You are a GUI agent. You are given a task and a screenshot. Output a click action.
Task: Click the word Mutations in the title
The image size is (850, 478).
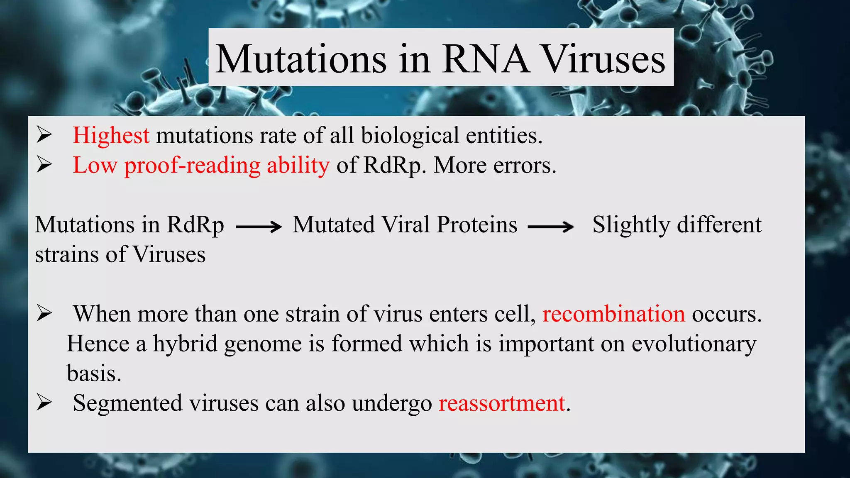click(x=301, y=59)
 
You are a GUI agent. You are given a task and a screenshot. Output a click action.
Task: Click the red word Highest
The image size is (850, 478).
click(x=111, y=136)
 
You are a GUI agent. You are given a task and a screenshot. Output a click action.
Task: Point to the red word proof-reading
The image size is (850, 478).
click(x=192, y=166)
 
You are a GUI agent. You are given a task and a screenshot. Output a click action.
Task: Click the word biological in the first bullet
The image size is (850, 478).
click(x=410, y=136)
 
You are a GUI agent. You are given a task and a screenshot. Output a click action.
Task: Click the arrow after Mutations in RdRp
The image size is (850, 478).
click(x=259, y=227)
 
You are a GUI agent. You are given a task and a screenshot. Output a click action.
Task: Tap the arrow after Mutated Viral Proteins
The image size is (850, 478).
click(x=551, y=227)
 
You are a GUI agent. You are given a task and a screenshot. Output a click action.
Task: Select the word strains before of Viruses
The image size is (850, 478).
click(x=67, y=254)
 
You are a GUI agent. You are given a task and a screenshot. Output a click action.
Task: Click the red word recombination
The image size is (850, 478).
click(x=613, y=314)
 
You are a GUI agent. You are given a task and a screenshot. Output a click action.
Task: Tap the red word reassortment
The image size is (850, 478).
click(x=502, y=403)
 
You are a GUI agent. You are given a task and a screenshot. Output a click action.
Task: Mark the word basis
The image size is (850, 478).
click(x=94, y=373)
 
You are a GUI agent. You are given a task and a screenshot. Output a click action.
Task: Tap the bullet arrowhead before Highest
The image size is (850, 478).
click(x=44, y=135)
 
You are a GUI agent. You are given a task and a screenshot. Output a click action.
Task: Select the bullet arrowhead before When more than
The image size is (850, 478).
click(x=44, y=313)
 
